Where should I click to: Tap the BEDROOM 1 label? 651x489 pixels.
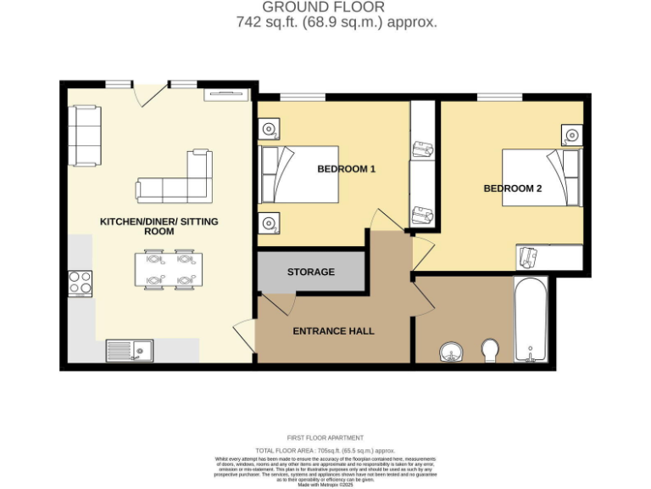346,169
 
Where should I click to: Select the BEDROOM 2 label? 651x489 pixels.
512,188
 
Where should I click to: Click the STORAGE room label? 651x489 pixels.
310,272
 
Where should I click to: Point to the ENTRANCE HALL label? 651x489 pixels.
333,331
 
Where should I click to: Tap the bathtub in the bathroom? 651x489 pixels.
531,319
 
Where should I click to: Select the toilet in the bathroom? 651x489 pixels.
490,350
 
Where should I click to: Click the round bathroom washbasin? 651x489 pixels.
450,351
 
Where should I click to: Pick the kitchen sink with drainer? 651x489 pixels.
130,350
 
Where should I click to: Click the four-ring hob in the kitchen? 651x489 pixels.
80,283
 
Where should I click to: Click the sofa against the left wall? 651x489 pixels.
85,135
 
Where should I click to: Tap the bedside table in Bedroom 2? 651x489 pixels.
573,134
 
